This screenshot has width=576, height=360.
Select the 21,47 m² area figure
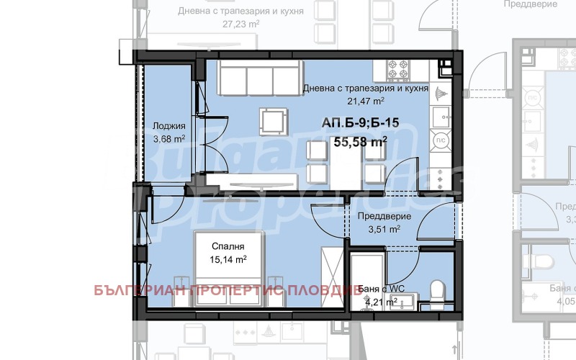(x=365, y=102)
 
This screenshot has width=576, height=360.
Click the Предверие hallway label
(x=384, y=217)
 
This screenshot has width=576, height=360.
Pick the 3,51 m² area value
(x=384, y=230)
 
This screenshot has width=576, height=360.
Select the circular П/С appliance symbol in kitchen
(x=438, y=140)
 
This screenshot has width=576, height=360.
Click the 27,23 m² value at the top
(x=241, y=23)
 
